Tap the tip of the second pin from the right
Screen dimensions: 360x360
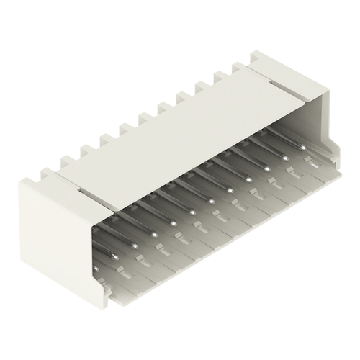[287, 157]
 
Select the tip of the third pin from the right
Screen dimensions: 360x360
[268, 168]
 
